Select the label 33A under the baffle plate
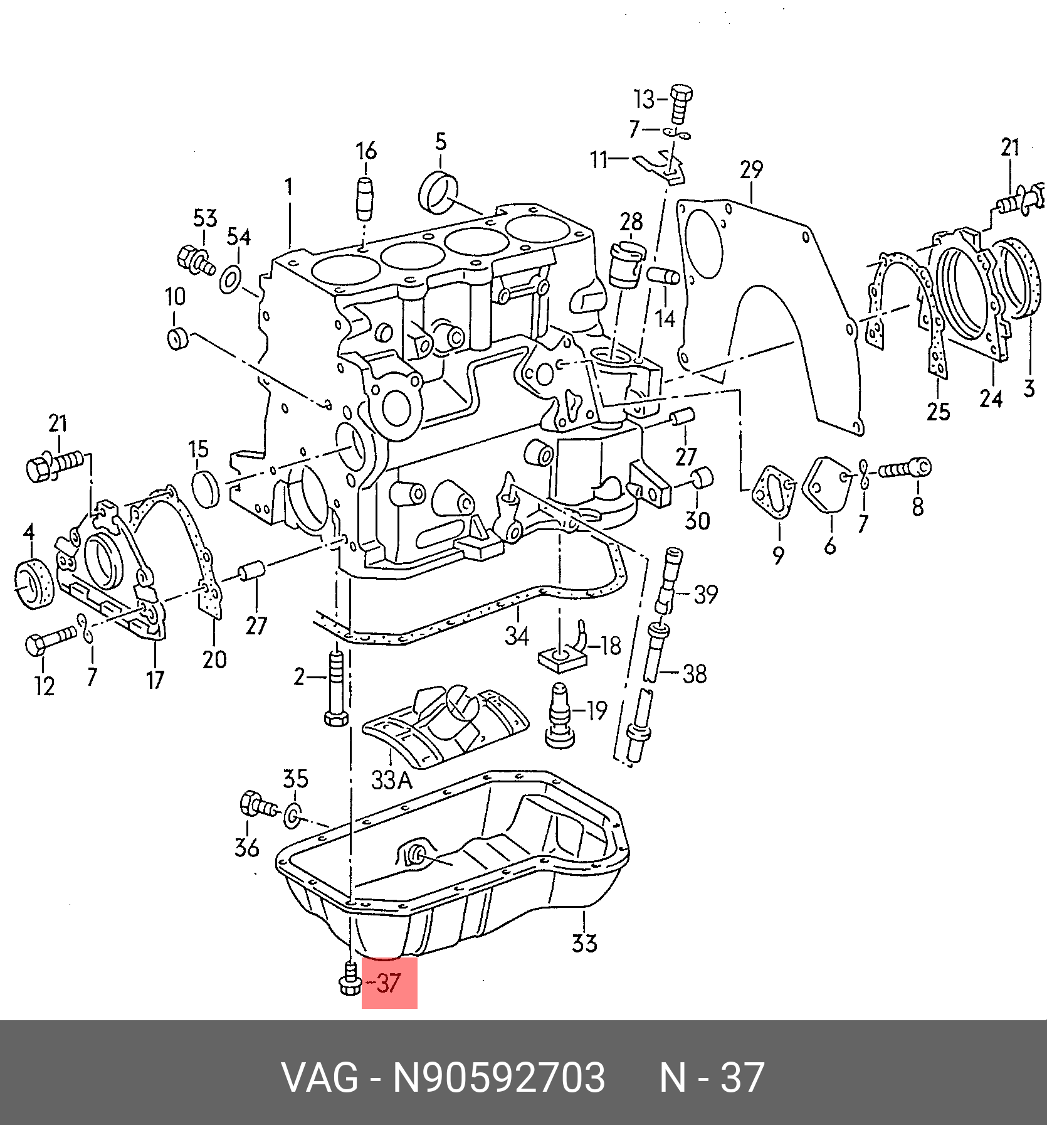click(x=391, y=780)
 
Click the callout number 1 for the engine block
click(x=289, y=187)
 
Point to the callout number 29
click(x=751, y=171)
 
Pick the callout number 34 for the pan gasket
click(x=517, y=636)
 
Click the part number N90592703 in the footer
click(x=498, y=1078)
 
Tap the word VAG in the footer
click(x=320, y=1078)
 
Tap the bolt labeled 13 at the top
click(x=680, y=104)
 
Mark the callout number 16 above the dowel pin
click(x=367, y=151)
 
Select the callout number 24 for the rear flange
click(x=991, y=398)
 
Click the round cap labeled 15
click(x=205, y=489)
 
